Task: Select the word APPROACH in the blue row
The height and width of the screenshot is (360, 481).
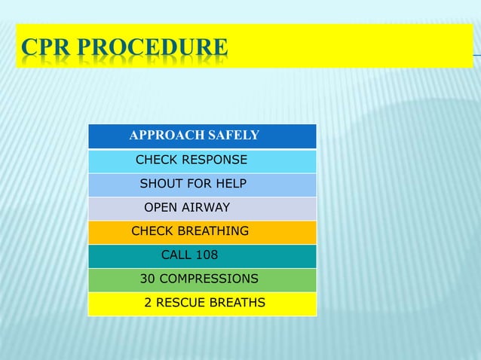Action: pos(161,136)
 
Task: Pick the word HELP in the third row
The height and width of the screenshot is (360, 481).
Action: pos(231,184)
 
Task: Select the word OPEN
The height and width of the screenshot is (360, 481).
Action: pos(159,207)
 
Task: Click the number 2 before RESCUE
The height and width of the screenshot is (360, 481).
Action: pos(148,303)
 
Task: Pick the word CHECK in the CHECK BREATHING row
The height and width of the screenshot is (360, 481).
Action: pos(152,230)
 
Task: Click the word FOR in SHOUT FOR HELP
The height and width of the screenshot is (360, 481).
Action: pos(195,184)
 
